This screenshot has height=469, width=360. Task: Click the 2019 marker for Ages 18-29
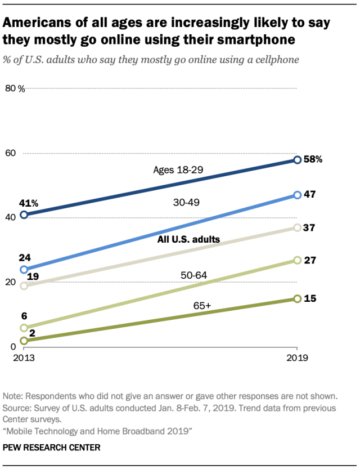click(x=297, y=160)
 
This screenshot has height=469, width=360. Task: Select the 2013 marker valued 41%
click(x=24, y=215)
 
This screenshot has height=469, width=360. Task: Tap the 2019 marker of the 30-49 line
click(x=297, y=195)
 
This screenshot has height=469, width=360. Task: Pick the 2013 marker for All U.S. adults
click(x=24, y=285)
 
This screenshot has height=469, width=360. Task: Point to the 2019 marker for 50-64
click(x=297, y=260)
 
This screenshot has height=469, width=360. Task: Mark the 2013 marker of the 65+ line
click(x=24, y=341)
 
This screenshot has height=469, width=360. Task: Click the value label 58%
click(x=313, y=159)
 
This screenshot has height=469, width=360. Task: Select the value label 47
click(x=309, y=194)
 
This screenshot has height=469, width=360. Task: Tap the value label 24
click(x=24, y=257)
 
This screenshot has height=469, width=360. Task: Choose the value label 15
click(x=309, y=298)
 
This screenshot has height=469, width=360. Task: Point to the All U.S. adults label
click(x=188, y=239)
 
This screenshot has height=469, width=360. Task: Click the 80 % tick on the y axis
click(x=15, y=88)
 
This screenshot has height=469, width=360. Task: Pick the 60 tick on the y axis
click(x=11, y=153)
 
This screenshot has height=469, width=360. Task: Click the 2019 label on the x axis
click(x=297, y=358)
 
